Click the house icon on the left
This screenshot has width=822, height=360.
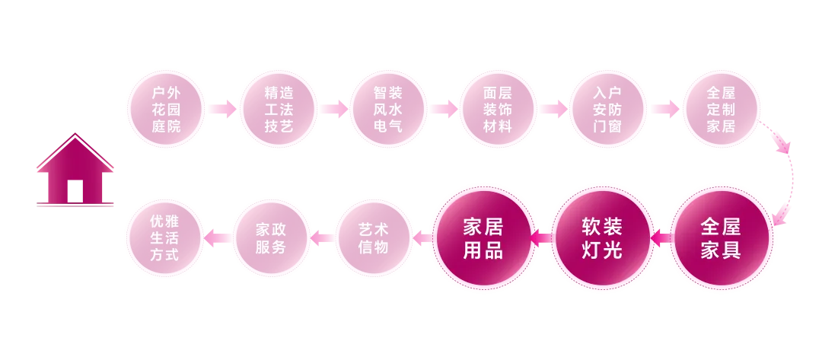tap(75, 172)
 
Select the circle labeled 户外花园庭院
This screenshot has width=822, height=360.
tap(166, 110)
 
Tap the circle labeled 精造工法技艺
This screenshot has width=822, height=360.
tap(277, 110)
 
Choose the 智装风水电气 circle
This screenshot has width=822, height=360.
tap(387, 110)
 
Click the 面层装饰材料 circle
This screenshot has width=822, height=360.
tap(498, 110)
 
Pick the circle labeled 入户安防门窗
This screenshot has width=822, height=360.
tap(607, 110)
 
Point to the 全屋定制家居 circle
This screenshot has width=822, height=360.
tap(720, 110)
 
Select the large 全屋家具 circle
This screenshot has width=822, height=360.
tap(720, 237)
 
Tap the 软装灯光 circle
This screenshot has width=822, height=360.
tap(602, 237)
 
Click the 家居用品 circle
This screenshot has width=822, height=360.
tap(483, 237)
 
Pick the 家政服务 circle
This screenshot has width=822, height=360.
tap(271, 237)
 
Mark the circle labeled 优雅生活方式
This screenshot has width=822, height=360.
tap(165, 237)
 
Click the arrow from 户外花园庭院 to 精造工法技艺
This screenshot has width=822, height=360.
tap(221, 110)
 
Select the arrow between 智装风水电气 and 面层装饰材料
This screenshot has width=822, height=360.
tap(443, 110)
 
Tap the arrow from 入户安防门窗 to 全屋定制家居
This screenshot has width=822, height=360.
tap(664, 110)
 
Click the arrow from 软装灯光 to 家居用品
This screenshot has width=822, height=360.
tap(542, 239)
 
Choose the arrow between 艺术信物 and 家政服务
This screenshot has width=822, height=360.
tap(323, 238)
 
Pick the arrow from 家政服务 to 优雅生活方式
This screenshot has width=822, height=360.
tap(219, 238)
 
